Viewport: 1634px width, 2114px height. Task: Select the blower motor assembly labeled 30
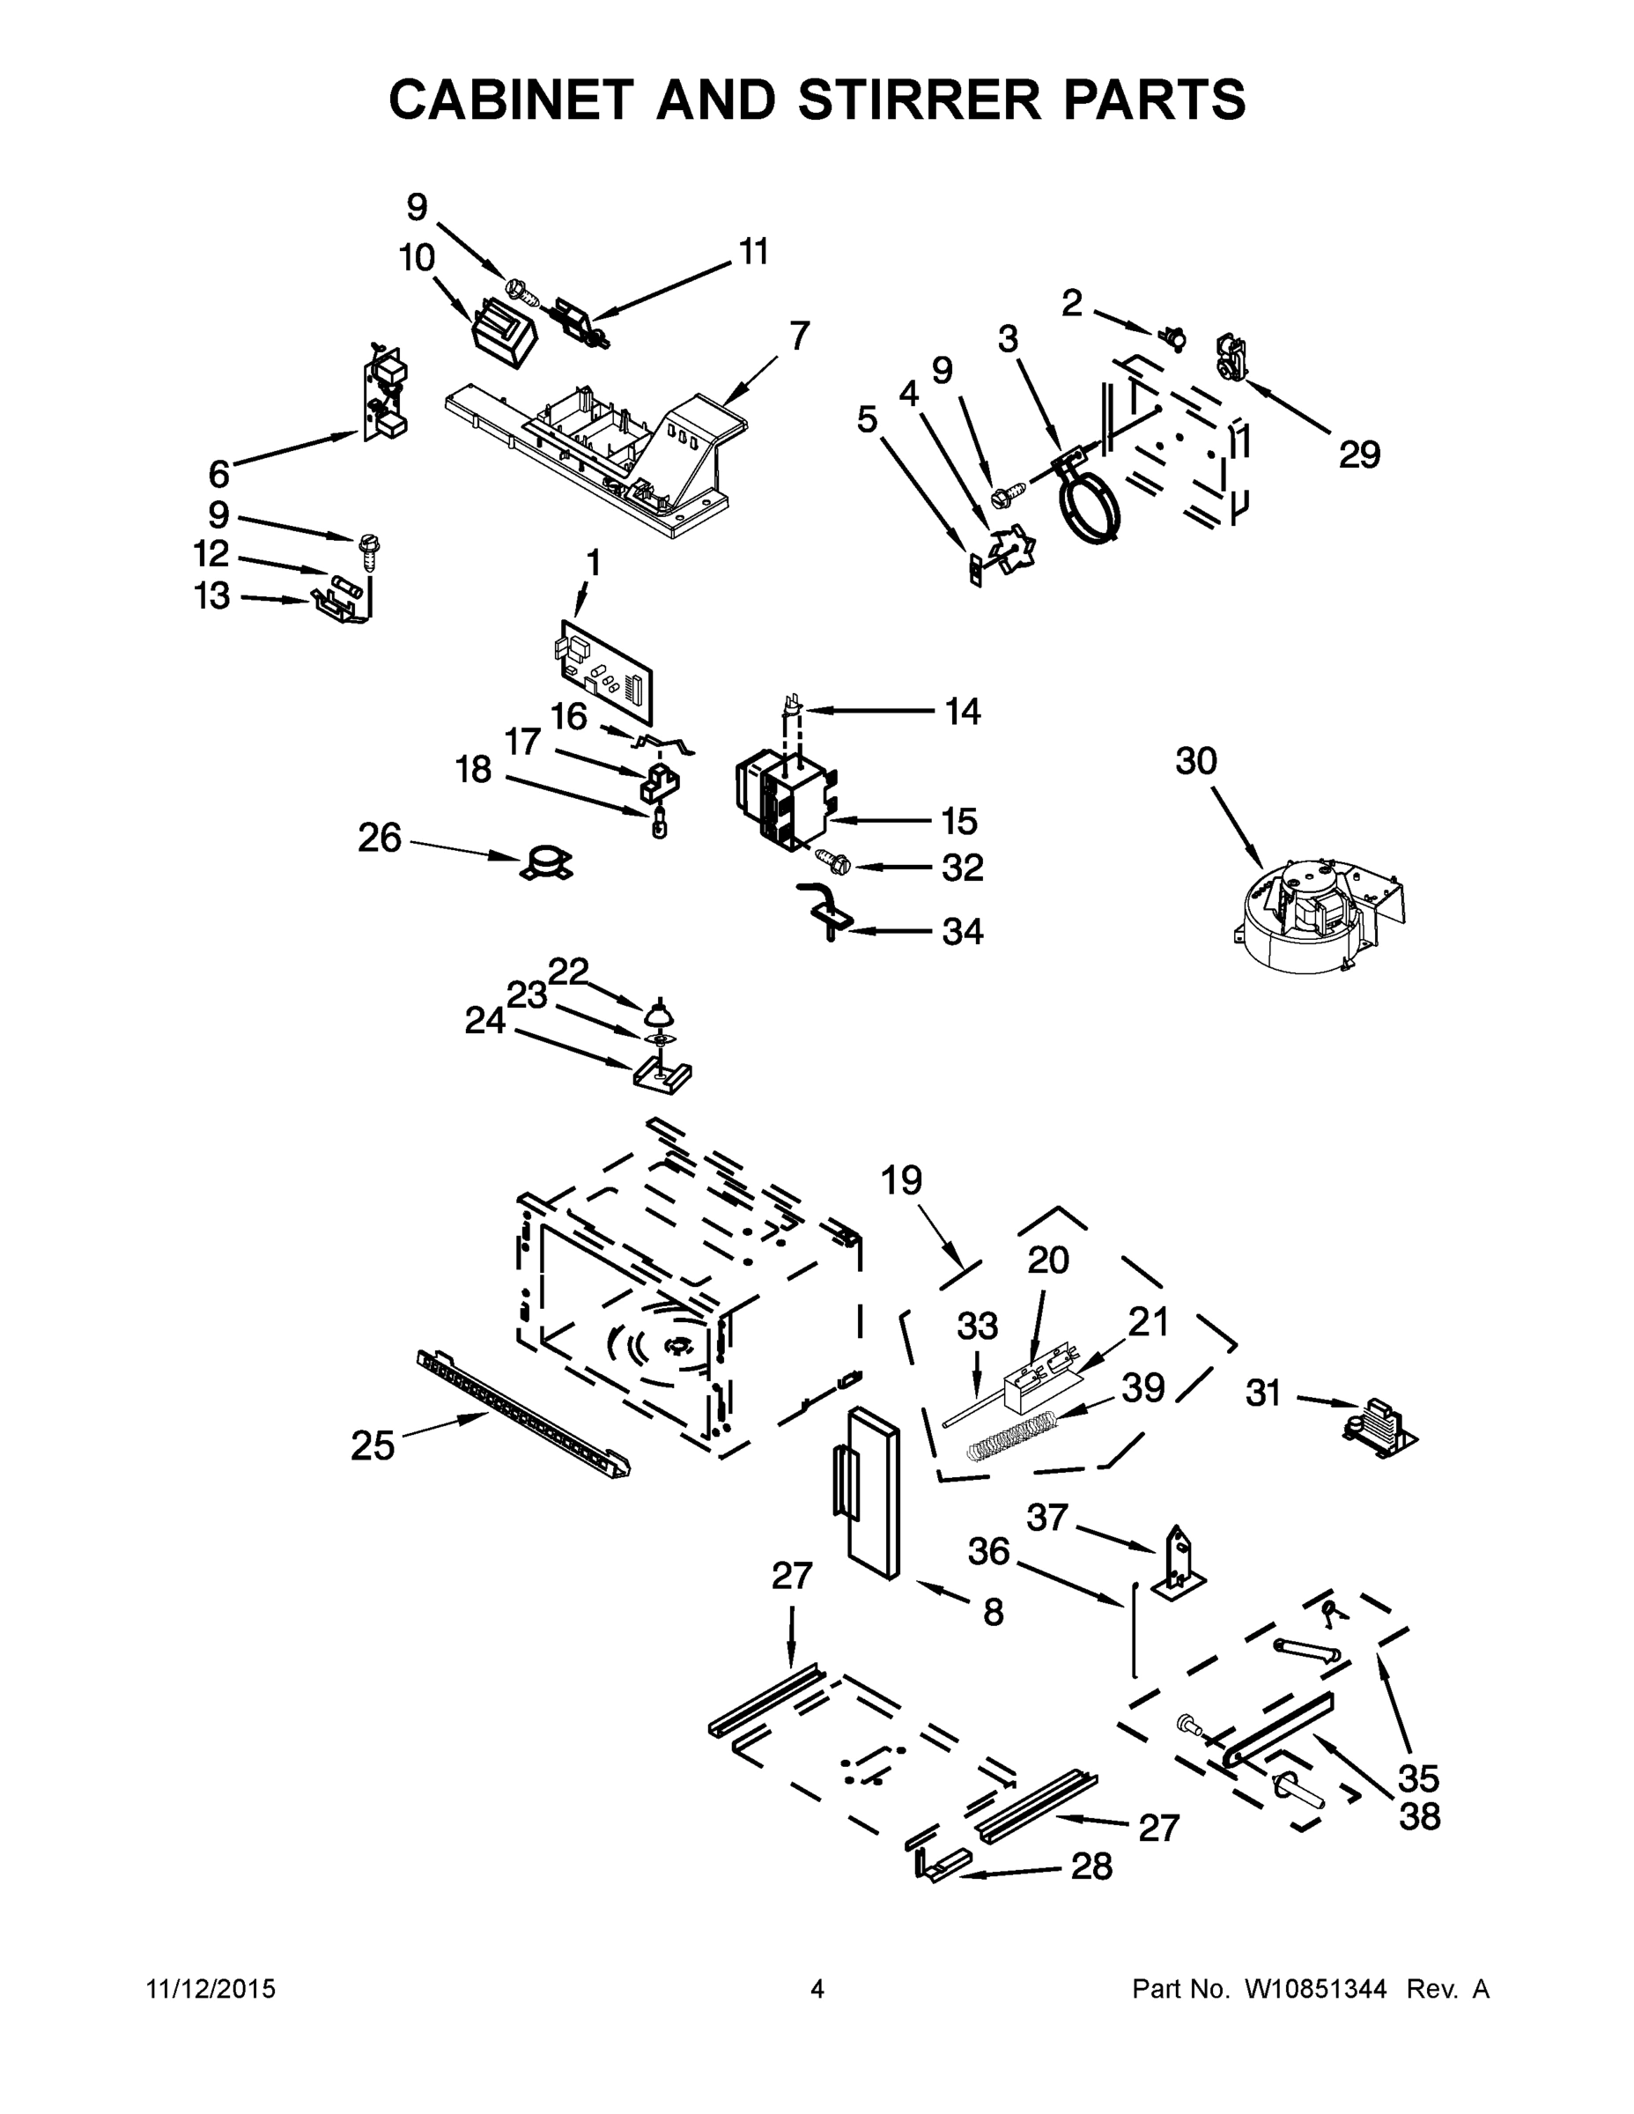pos(1317,913)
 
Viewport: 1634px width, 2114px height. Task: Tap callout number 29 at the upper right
pos(1359,454)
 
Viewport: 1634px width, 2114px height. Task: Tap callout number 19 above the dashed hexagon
pos(901,1182)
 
